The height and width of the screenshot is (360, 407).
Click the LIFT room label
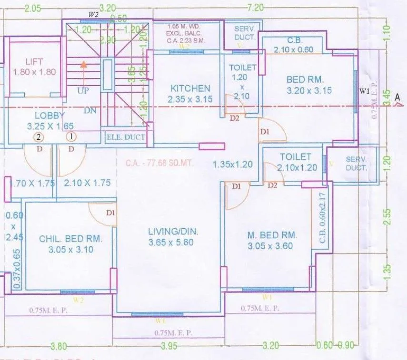[34, 61]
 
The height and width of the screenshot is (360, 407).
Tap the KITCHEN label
[190, 88]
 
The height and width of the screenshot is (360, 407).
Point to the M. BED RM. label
[272, 235]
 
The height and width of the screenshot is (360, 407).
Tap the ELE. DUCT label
[125, 137]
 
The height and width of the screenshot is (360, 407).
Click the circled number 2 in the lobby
[39, 137]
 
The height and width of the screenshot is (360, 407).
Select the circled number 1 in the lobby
[72, 137]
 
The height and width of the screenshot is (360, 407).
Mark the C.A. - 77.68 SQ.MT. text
[159, 163]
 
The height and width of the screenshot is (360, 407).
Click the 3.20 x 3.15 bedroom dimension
[309, 90]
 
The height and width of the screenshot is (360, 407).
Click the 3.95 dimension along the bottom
[169, 346]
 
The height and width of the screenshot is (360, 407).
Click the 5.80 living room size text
[186, 243]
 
